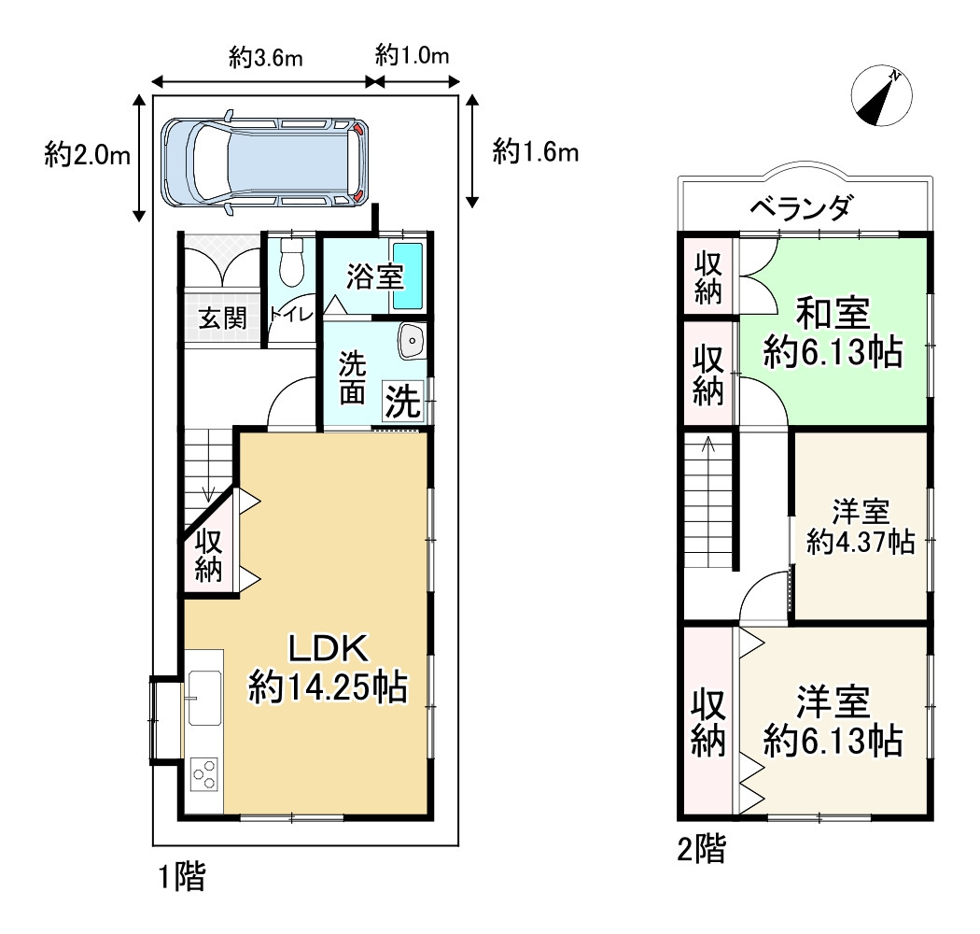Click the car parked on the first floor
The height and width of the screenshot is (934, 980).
(265, 162)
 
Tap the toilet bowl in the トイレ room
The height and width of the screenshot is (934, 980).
(291, 262)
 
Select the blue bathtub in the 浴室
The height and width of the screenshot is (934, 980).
(408, 276)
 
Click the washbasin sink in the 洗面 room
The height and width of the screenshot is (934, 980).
(412, 342)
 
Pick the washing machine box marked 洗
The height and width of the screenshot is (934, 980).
(403, 401)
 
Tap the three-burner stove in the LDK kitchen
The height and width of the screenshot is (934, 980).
(205, 774)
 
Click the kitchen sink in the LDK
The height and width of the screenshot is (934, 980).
(204, 698)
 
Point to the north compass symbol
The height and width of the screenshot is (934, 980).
(882, 95)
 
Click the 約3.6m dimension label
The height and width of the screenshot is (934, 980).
(266, 58)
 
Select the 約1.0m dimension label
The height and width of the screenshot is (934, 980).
(413, 56)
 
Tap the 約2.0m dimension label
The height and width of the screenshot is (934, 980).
(88, 154)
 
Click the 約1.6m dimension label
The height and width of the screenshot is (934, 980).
(536, 151)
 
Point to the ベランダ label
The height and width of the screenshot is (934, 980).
(801, 207)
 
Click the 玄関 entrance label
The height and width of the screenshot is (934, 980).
(222, 318)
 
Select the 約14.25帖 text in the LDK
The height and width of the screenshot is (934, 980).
(329, 686)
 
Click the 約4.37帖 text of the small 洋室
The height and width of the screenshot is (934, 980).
(861, 542)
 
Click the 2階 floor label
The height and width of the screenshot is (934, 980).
(701, 850)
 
